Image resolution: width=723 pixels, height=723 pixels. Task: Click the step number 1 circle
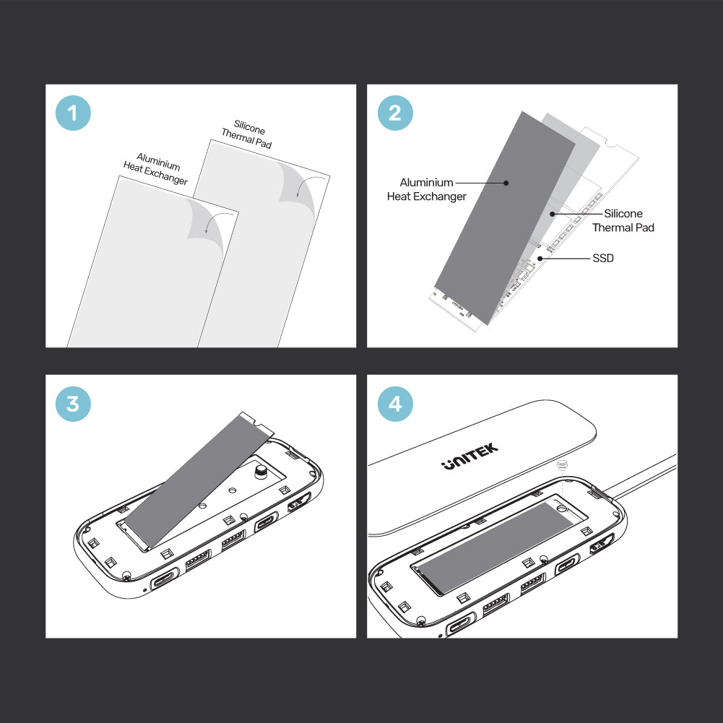click(73, 113)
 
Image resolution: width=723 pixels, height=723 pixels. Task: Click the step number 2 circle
click(395, 113)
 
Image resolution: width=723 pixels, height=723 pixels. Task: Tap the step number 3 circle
click(73, 404)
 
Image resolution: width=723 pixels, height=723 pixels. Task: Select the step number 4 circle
click(395, 404)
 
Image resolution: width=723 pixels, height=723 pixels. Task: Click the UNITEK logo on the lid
click(469, 456)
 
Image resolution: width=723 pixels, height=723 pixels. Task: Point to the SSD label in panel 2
click(602, 259)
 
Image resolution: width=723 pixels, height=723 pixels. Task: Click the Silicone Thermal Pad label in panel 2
click(623, 220)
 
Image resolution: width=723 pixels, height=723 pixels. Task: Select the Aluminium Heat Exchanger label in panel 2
click(427, 189)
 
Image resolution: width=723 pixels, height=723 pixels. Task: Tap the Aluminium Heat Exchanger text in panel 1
click(156, 169)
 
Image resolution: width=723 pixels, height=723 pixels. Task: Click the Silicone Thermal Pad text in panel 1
click(247, 134)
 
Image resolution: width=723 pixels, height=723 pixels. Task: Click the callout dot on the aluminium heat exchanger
click(506, 183)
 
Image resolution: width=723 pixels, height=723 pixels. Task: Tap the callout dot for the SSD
click(540, 259)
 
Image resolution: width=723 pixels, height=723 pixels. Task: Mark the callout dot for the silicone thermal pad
click(552, 214)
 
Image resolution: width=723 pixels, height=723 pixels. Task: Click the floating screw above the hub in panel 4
click(562, 465)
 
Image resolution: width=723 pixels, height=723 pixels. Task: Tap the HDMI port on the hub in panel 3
click(299, 502)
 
